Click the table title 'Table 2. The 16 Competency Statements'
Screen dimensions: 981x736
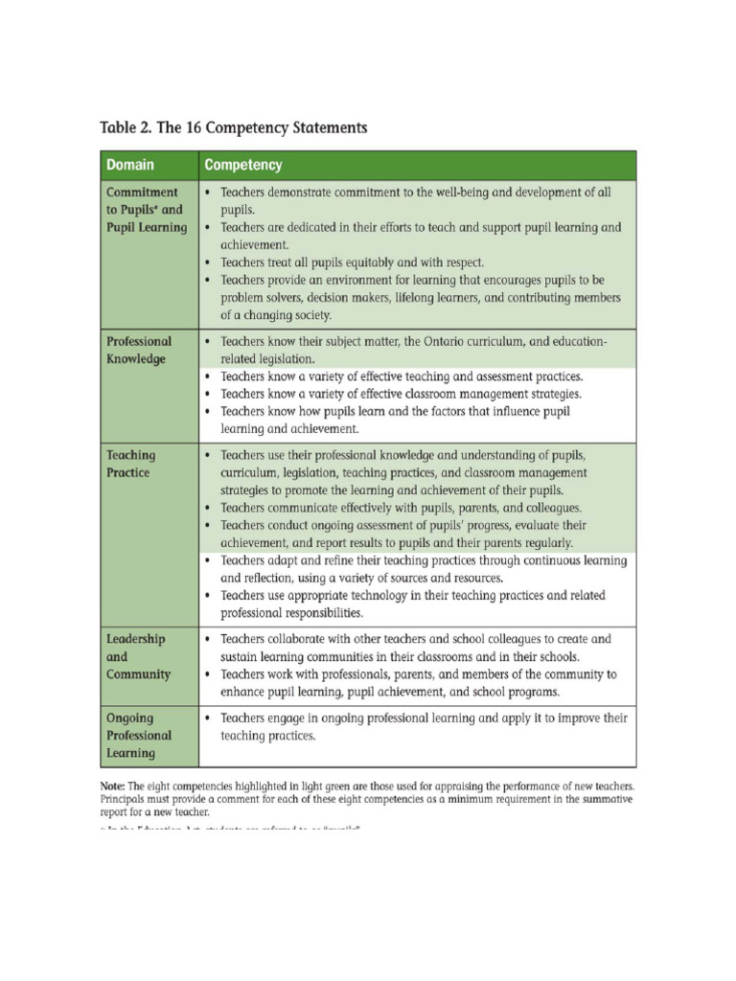pos(234,126)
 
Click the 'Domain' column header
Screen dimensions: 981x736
pos(130,165)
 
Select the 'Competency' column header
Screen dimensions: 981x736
pos(243,165)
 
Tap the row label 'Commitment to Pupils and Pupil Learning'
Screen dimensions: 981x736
pos(147,210)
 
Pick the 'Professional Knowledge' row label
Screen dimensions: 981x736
pos(139,350)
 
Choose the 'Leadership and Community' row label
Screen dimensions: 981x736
pos(138,656)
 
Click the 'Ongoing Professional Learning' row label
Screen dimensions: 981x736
pos(139,735)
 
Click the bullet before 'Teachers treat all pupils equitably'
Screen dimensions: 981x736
pos(209,262)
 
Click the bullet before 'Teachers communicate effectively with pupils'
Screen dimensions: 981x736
pos(209,508)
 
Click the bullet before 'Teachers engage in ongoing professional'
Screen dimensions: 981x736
pos(209,718)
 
